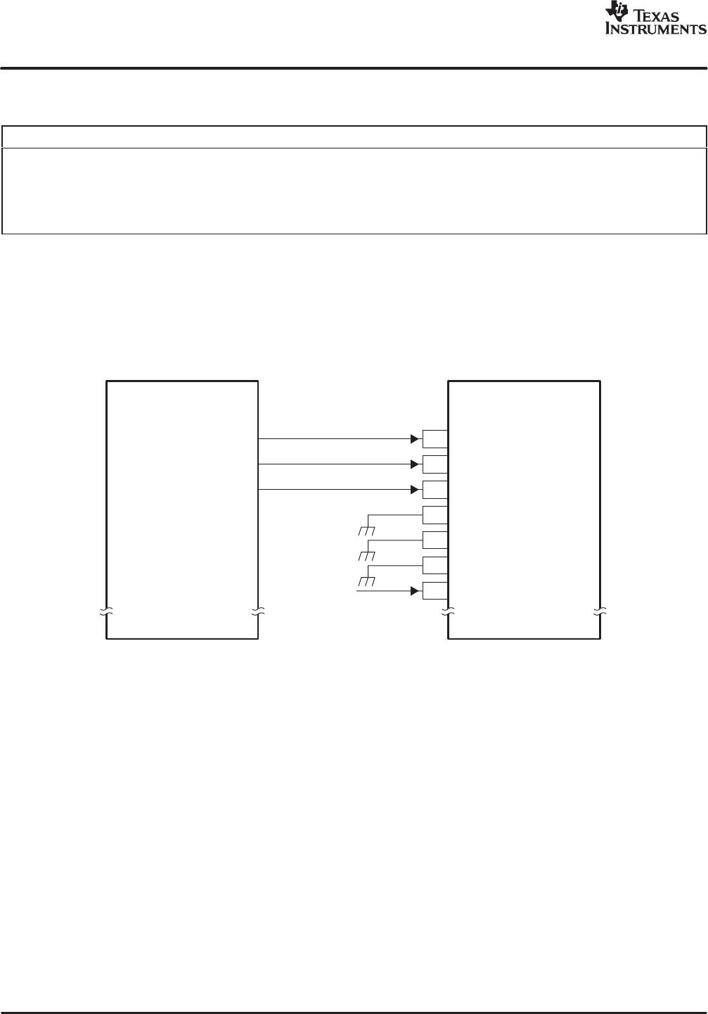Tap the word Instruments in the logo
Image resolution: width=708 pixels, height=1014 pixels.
tap(655, 30)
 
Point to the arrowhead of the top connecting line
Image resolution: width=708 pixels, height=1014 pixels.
tap(416, 438)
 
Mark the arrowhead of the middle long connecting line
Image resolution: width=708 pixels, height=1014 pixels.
tap(416, 464)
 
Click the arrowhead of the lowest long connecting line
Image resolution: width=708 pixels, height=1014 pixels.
tap(416, 489)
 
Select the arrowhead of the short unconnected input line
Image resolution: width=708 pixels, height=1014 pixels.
tap(416, 590)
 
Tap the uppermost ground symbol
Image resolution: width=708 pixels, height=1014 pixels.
tap(366, 531)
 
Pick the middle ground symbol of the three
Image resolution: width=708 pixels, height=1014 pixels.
tap(366, 556)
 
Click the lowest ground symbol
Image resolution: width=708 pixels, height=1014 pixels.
tap(366, 581)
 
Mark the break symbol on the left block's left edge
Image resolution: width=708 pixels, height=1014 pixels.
tap(106, 611)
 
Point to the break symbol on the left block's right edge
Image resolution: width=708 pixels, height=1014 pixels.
tap(258, 611)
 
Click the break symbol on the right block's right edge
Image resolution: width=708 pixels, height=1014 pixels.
tap(600, 611)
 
